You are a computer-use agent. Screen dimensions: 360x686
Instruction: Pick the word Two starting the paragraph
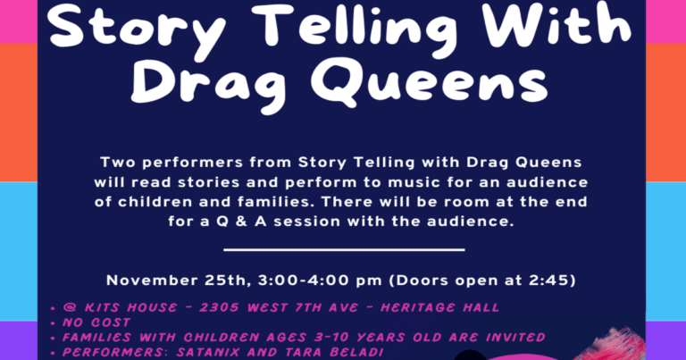point(119,163)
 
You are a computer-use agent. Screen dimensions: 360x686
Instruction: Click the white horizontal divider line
point(343,250)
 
